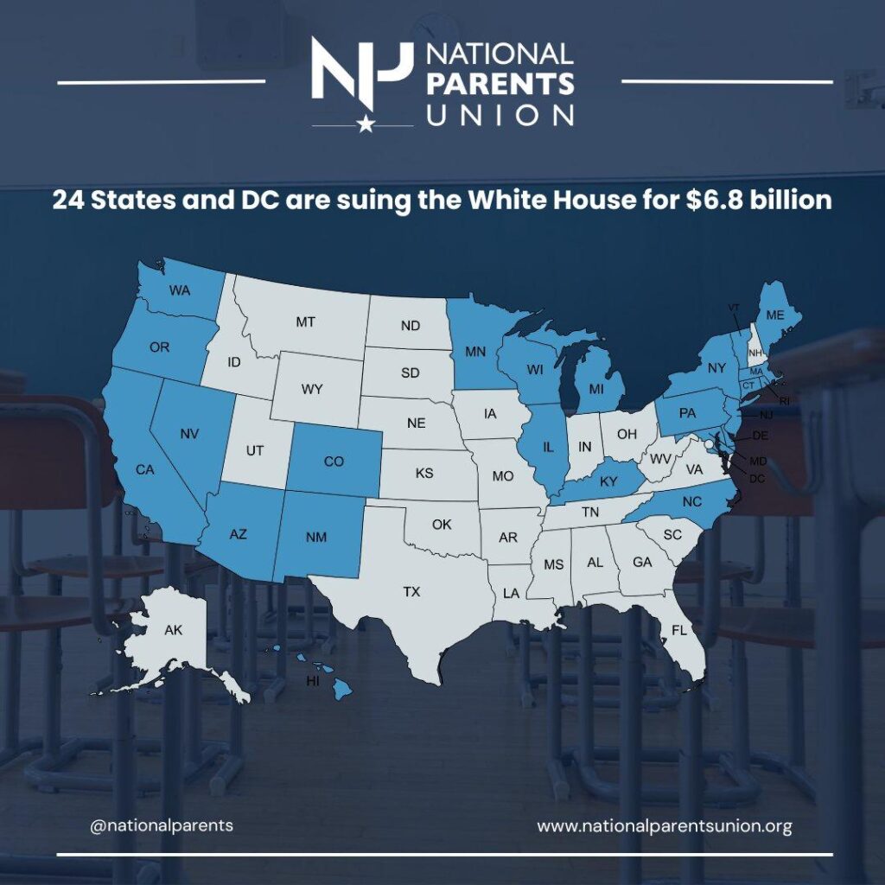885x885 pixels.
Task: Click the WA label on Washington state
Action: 179,290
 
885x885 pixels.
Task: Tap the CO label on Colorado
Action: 334,462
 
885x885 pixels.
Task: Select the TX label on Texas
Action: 411,592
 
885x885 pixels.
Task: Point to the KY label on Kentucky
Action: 608,481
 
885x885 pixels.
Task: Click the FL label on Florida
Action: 679,630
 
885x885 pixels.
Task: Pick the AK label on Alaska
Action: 174,630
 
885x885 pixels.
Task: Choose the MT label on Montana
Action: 305,322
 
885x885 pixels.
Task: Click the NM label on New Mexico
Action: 317,538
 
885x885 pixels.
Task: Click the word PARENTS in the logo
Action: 500,84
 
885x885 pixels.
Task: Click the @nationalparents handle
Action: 162,825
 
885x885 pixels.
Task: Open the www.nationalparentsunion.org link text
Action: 664,825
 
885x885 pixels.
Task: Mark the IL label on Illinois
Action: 548,448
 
